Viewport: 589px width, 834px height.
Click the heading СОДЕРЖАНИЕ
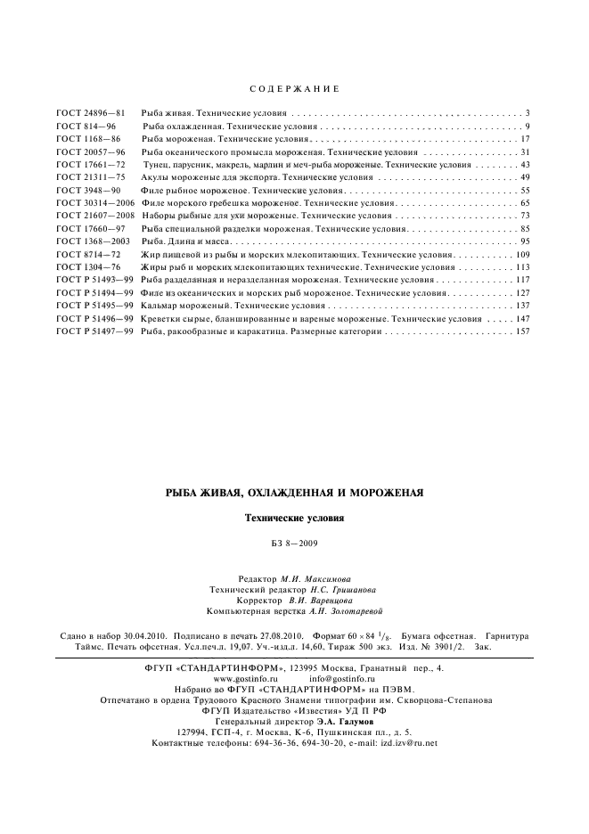tap(293, 90)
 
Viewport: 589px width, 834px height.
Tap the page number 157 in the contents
tap(522, 331)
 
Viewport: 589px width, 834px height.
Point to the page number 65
tap(525, 204)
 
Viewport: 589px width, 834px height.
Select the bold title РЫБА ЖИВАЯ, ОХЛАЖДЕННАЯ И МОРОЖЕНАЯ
tap(294, 492)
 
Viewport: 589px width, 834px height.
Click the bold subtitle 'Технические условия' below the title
tap(294, 518)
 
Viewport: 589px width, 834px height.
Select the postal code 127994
tap(174, 732)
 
